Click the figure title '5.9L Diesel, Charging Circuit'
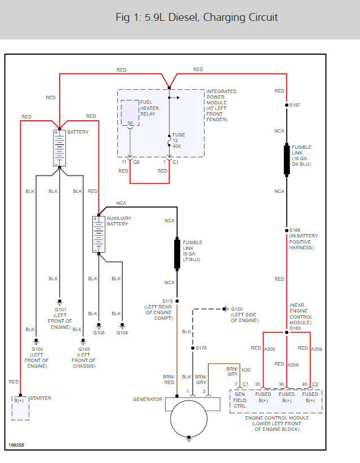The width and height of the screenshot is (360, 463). tap(197, 17)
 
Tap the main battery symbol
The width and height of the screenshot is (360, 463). tap(59, 147)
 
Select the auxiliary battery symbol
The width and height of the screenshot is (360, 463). tap(99, 233)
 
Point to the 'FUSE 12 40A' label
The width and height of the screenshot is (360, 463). tap(179, 140)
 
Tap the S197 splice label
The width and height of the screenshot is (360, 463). tap(295, 105)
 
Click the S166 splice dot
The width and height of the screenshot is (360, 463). tap(287, 230)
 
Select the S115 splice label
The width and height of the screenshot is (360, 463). tap(168, 301)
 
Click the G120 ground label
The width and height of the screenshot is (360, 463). tap(237, 309)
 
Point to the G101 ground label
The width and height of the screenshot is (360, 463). tap(60, 310)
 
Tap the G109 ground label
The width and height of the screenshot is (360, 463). tap(122, 333)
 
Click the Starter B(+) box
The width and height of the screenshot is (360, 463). tap(20, 407)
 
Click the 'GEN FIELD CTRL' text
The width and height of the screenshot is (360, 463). tap(241, 400)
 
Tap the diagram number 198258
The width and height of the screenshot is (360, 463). tap(17, 444)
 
